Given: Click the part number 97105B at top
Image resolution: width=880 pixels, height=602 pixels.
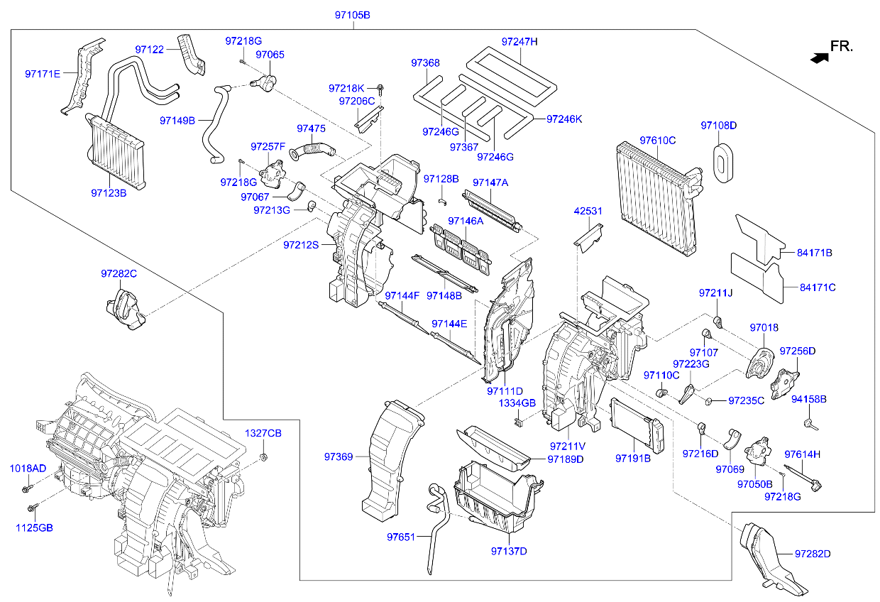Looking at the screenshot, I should [x=353, y=15].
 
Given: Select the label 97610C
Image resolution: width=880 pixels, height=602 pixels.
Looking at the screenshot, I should [x=657, y=140].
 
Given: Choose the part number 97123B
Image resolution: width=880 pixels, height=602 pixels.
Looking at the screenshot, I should [x=109, y=192].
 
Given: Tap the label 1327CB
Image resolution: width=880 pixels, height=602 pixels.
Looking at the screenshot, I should [x=263, y=433].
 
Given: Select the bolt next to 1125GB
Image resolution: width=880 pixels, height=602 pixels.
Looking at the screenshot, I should [x=33, y=508].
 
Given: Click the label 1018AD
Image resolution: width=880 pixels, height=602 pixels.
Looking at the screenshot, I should [x=28, y=469].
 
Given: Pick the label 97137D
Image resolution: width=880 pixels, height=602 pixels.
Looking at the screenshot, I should [x=509, y=551].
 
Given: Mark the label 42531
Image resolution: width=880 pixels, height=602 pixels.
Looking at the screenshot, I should [x=588, y=211].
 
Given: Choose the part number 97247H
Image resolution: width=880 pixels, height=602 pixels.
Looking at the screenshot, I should [x=519, y=42].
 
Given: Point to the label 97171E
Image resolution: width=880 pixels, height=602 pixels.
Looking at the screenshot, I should [x=43, y=73].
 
